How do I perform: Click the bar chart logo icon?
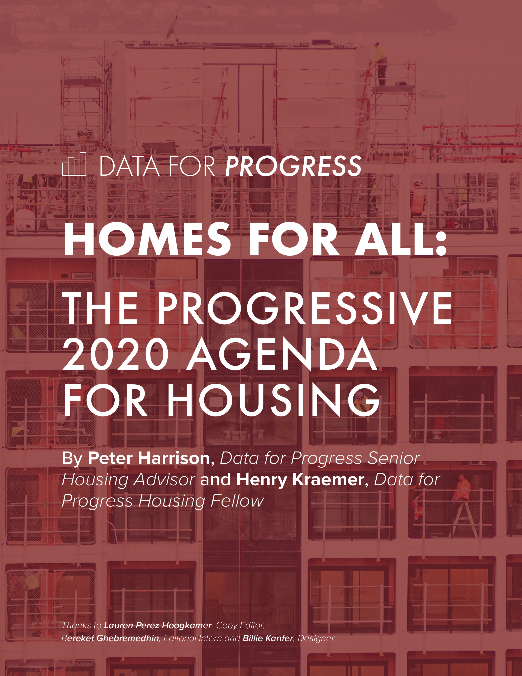point(74,164)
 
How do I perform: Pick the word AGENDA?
point(282,354)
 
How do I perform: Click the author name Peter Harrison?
point(149,458)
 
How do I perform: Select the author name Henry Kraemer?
point(300,480)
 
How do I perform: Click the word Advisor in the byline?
point(164,480)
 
